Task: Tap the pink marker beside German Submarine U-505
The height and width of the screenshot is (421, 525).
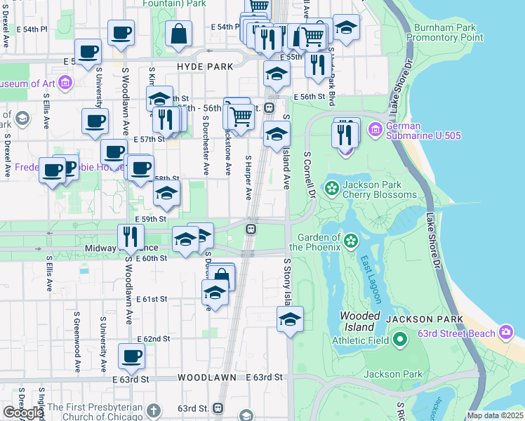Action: point(375,129)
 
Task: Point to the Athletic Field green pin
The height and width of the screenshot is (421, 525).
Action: point(400,341)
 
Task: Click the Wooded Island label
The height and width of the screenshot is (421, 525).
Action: point(361,321)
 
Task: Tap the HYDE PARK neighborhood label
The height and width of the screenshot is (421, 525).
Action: point(204,67)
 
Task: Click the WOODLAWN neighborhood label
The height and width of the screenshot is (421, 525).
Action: point(206,377)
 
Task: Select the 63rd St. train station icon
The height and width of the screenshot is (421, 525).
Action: point(218,408)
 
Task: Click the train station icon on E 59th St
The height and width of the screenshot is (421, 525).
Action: point(250,229)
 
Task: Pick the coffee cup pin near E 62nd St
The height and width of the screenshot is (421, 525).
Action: point(131,356)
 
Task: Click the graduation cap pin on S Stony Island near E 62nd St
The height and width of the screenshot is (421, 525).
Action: point(290,319)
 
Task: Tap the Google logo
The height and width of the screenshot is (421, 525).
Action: point(22,413)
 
